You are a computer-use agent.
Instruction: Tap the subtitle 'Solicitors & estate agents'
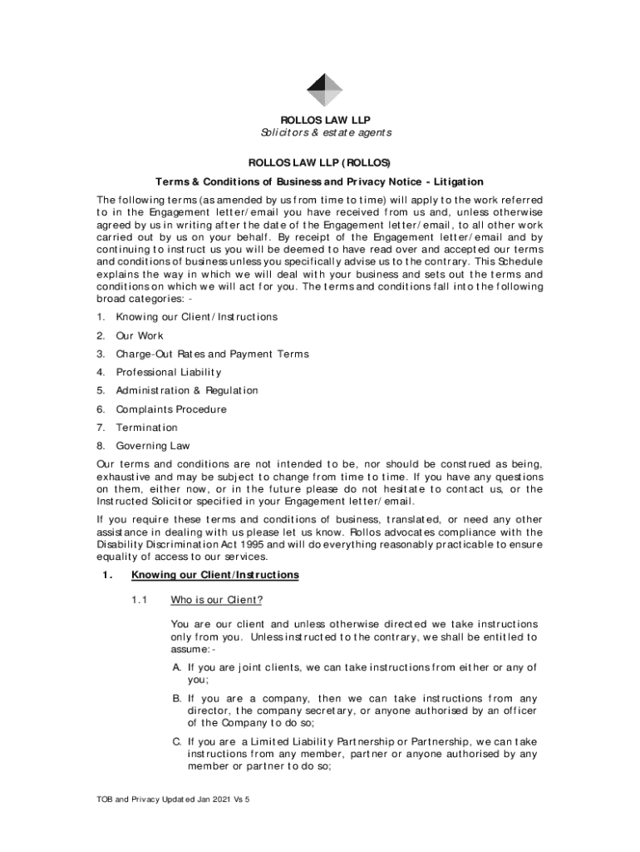pos(323,133)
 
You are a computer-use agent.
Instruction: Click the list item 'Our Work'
pos(140,335)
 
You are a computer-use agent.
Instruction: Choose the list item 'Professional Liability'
pos(169,372)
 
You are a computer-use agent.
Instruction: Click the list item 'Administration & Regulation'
pos(187,390)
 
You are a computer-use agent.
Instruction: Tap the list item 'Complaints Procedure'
pos(171,409)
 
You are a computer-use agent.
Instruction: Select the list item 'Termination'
pos(146,428)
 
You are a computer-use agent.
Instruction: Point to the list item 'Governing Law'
pos(153,446)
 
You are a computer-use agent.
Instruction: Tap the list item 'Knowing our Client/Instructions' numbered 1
pos(196,317)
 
